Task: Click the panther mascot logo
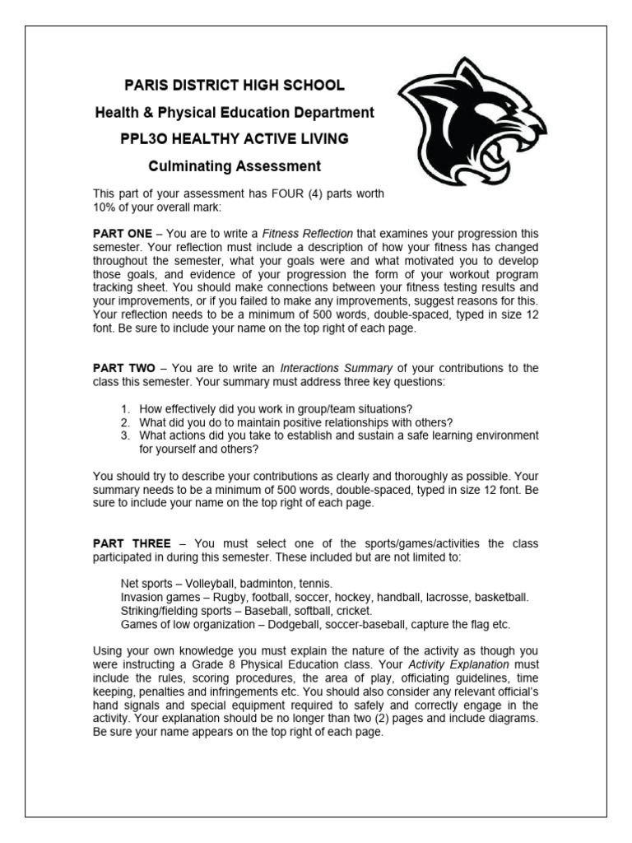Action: (x=469, y=124)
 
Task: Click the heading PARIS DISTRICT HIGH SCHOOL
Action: (x=234, y=86)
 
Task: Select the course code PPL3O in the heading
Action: (x=142, y=139)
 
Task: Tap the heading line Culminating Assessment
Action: (x=234, y=166)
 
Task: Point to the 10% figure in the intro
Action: (x=105, y=207)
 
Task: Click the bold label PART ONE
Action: (x=122, y=234)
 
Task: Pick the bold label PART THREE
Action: (x=132, y=543)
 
